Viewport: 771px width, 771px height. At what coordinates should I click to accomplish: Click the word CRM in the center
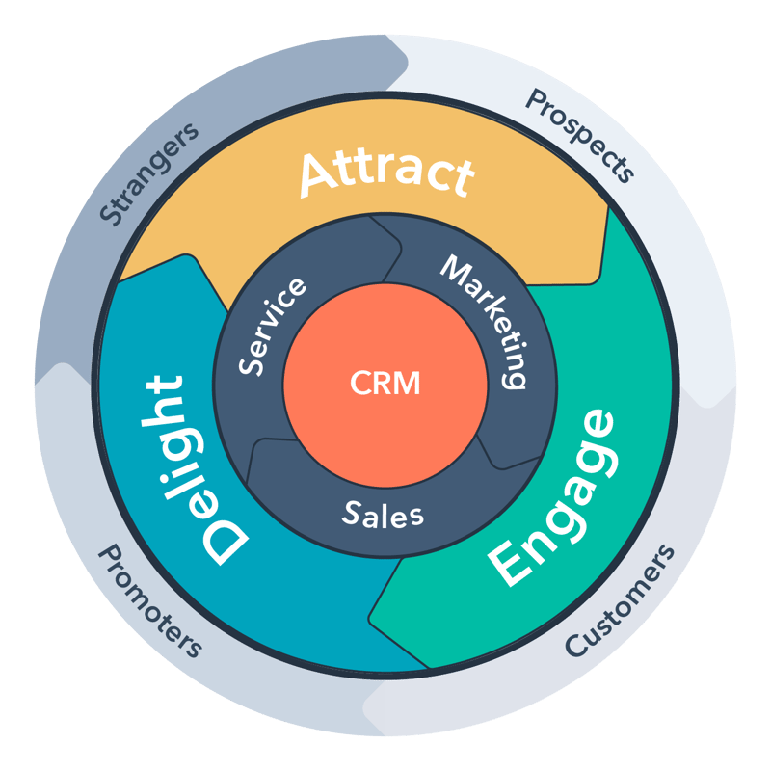[385, 383]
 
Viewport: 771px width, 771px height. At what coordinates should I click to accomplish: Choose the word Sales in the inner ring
[384, 514]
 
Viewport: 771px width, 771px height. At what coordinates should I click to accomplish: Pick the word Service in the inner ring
[274, 326]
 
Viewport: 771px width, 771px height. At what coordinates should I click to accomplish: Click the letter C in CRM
[359, 383]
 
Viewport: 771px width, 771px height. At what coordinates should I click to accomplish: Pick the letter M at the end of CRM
[409, 383]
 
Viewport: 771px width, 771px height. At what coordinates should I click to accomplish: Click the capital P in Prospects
[533, 100]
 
